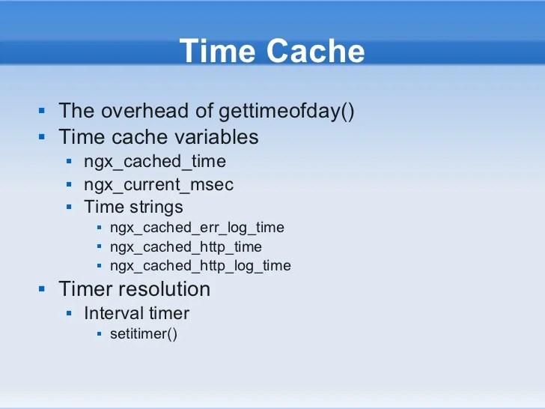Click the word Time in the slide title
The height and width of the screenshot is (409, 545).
pyautogui.click(x=218, y=52)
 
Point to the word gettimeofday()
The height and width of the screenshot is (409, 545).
pyautogui.click(x=286, y=112)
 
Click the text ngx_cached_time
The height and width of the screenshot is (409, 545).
pyautogui.click(x=155, y=161)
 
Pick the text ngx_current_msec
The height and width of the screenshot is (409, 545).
pyautogui.click(x=159, y=184)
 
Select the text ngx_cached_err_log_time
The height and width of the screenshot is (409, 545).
pyautogui.click(x=197, y=227)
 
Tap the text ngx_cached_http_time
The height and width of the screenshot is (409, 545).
pyautogui.click(x=186, y=246)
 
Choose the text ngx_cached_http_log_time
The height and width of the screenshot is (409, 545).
pyautogui.click(x=200, y=266)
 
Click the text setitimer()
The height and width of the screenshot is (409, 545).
pyautogui.click(x=144, y=334)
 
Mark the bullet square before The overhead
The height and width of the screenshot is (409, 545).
pyautogui.click(x=43, y=112)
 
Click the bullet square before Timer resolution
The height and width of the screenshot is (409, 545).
pyautogui.click(x=43, y=289)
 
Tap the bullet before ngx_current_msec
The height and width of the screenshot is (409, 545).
pyautogui.click(x=69, y=184)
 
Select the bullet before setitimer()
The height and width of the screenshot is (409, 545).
pyautogui.click(x=99, y=334)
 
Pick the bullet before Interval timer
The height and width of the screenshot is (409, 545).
pyautogui.click(x=69, y=313)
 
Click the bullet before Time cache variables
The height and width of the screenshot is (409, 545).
pyautogui.click(x=43, y=137)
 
